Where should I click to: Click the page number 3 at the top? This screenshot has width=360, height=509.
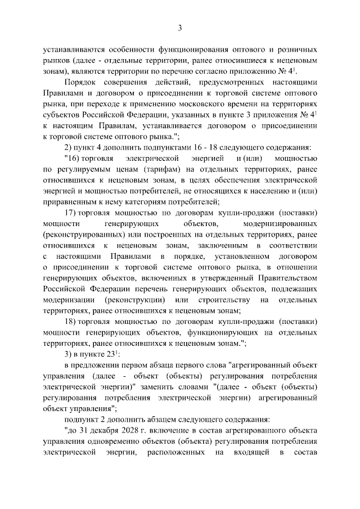tap(180, 28)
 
